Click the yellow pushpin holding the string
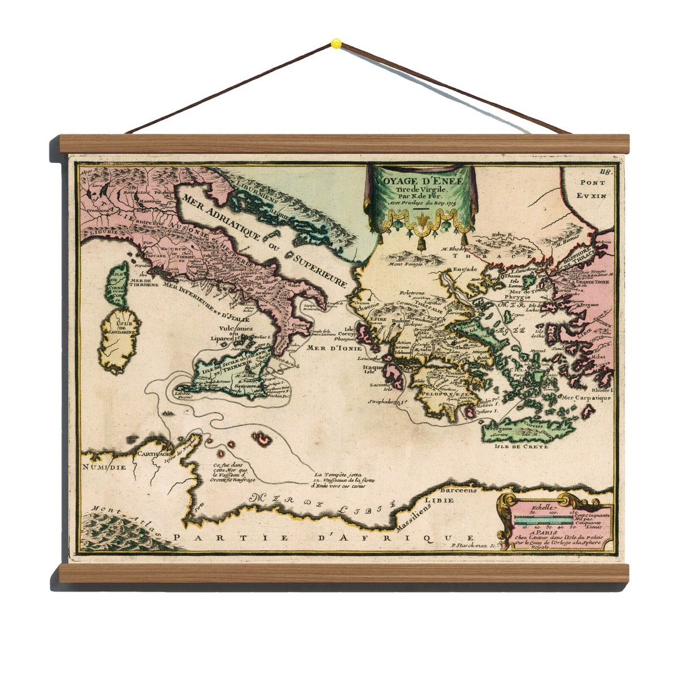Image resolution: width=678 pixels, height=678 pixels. [x=336, y=42]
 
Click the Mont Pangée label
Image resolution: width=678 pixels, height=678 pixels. [x=405, y=262]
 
